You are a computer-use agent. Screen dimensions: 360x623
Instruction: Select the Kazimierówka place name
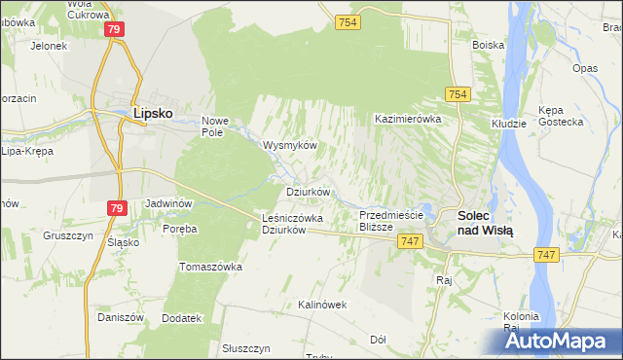click(x=409, y=119)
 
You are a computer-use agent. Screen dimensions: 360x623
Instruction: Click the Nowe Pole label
click(x=214, y=126)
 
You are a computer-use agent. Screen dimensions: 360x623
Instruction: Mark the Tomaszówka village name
click(x=209, y=266)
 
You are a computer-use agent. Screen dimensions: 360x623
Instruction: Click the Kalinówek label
click(x=322, y=305)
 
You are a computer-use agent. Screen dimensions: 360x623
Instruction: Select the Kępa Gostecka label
click(x=564, y=116)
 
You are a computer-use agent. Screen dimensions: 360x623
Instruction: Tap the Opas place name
click(x=585, y=68)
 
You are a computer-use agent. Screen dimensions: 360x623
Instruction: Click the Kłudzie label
click(x=508, y=124)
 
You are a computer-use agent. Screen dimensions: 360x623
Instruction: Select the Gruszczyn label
click(x=67, y=235)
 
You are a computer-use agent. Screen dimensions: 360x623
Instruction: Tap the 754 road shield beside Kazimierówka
click(x=458, y=93)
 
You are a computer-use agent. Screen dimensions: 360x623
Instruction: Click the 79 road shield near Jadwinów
click(x=117, y=208)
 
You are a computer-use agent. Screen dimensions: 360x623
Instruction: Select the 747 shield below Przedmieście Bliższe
click(x=410, y=241)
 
